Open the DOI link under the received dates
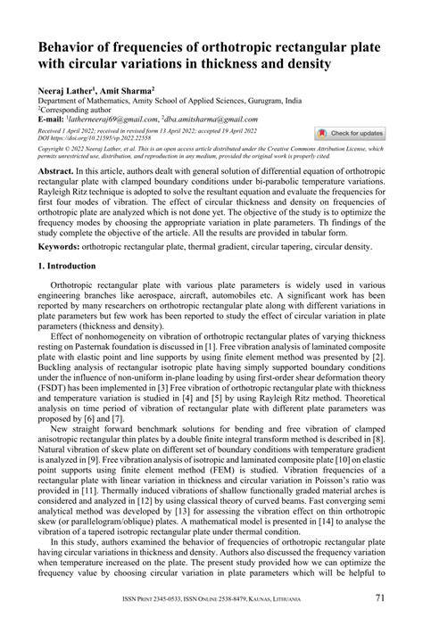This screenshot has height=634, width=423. point(81,139)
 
